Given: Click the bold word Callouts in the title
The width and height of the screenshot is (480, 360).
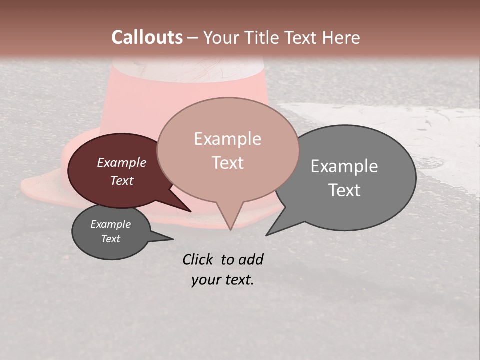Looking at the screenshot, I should click(x=147, y=37).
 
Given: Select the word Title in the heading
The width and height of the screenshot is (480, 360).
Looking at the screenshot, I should click(x=264, y=37).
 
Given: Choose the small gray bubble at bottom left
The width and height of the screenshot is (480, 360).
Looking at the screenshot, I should click(x=100, y=247).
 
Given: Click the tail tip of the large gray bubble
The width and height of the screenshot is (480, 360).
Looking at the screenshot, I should click(x=267, y=235).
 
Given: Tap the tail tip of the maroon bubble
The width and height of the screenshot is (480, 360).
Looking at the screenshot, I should click(x=190, y=211).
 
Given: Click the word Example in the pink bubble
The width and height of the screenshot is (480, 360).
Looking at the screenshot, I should click(x=227, y=139).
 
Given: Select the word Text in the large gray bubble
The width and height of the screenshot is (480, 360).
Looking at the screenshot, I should click(x=344, y=190).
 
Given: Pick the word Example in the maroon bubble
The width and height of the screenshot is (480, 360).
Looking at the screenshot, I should click(x=122, y=163).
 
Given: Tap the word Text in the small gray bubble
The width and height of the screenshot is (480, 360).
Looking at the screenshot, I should click(x=111, y=239).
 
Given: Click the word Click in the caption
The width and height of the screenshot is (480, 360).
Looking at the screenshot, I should click(x=198, y=259).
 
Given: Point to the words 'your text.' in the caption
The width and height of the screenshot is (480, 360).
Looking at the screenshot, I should click(x=223, y=280).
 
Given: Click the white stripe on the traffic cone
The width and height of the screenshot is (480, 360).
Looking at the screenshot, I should click(x=187, y=70).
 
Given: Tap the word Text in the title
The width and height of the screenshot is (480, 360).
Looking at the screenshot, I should click(x=305, y=37).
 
